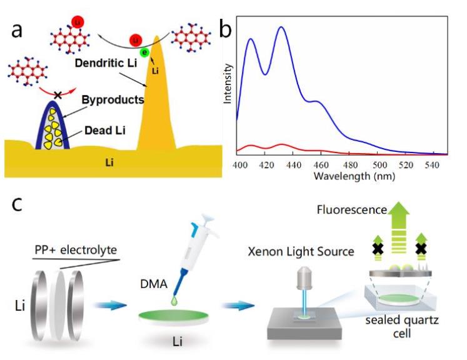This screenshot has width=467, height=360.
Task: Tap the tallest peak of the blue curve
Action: click(x=281, y=27)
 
